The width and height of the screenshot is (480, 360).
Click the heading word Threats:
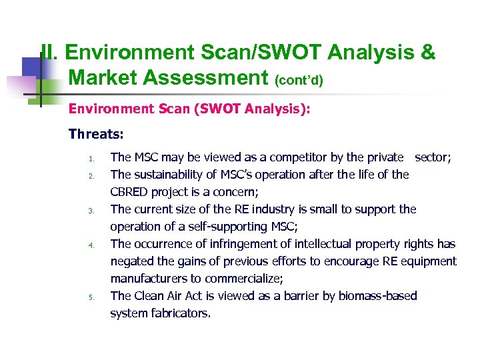click(96, 134)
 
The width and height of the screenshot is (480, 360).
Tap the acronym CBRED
click(130, 192)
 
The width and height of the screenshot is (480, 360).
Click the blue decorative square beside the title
click(31, 68)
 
